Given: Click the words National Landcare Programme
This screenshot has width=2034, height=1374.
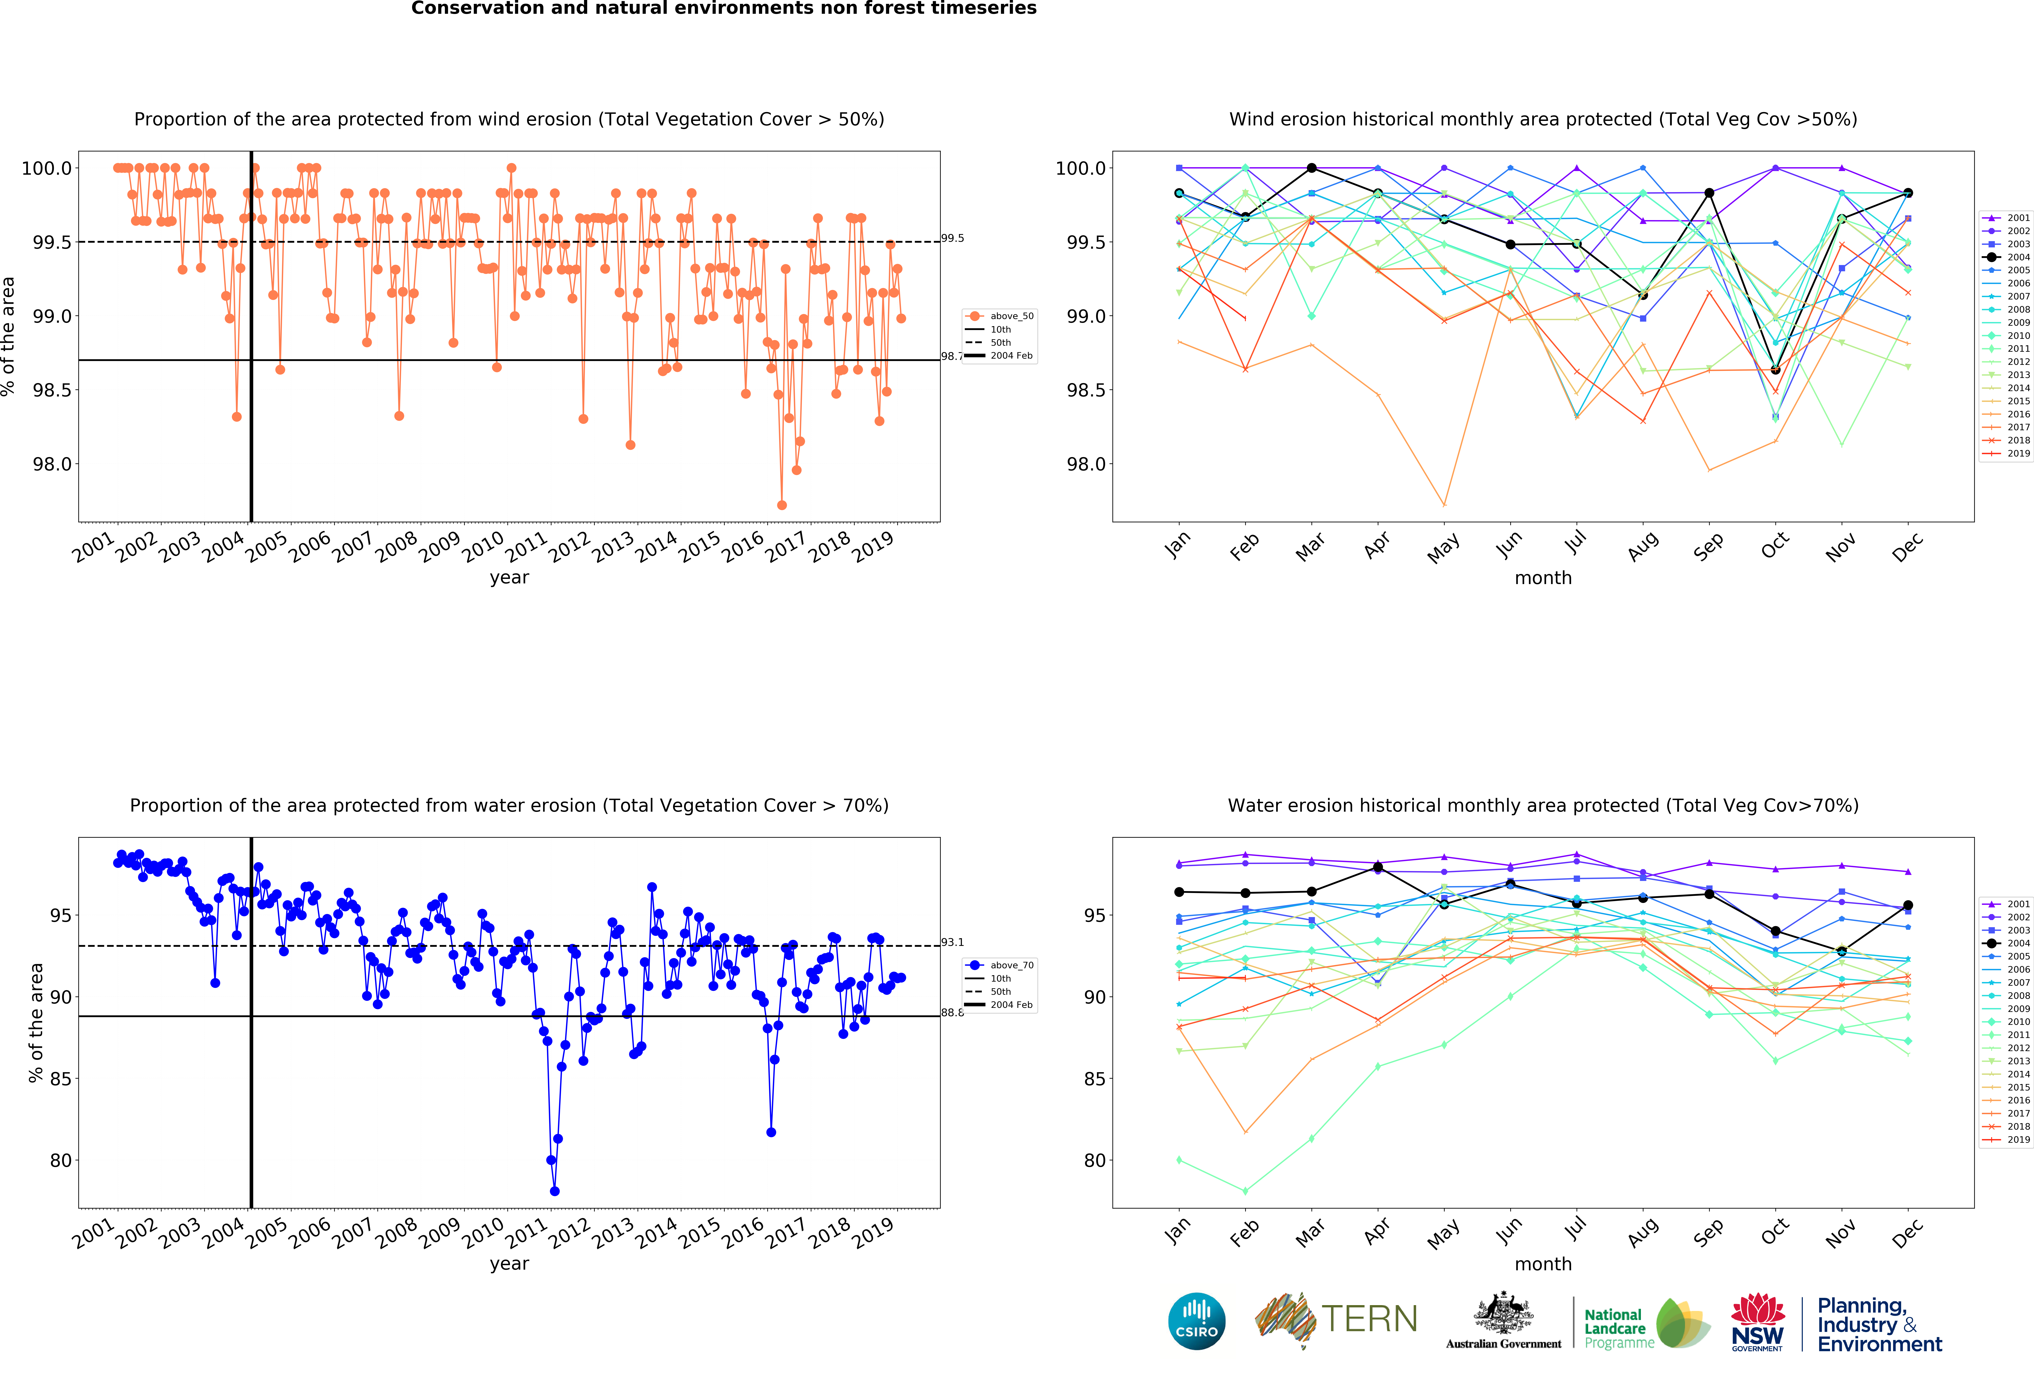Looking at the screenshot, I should [1618, 1328].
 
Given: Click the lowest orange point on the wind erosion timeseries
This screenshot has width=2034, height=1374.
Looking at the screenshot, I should [781, 505].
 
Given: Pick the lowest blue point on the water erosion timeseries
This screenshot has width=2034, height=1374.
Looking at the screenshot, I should [554, 1191].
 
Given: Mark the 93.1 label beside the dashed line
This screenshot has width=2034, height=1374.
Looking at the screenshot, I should [952, 942].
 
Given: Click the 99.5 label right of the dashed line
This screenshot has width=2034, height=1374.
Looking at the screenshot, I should [952, 238].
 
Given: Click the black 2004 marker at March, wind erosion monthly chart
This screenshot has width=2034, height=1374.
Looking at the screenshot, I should [1311, 168].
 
